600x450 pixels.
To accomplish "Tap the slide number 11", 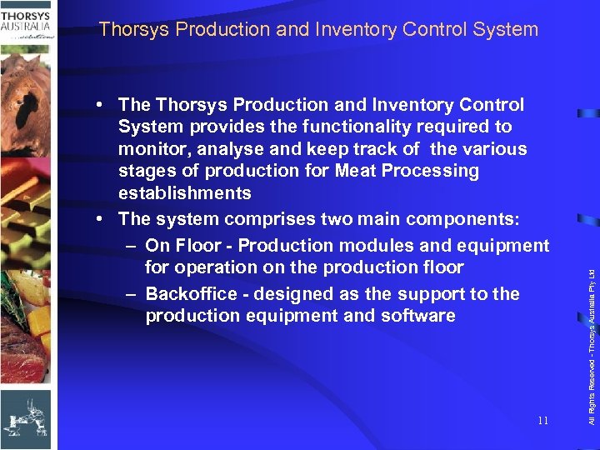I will click(x=542, y=421).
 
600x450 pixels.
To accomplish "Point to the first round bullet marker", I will click(x=99, y=105).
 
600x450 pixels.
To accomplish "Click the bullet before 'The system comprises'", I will click(x=99, y=219).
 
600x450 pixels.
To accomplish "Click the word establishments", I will click(x=184, y=193).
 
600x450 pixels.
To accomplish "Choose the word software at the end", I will click(x=420, y=316).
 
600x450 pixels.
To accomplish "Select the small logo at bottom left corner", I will click(x=25, y=417).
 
